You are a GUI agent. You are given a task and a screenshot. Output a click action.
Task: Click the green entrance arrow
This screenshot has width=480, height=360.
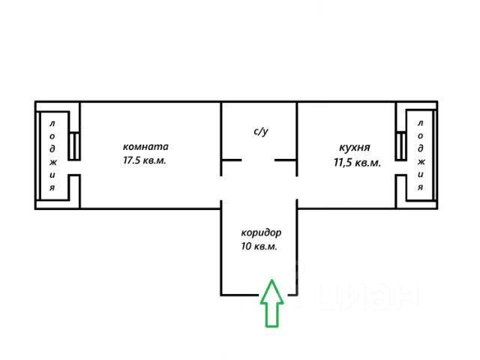pos(271,303)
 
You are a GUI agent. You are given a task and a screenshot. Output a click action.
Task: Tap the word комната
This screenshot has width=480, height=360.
pos(146,146)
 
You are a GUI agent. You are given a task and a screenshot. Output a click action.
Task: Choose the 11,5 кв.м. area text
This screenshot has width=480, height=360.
pos(356,162)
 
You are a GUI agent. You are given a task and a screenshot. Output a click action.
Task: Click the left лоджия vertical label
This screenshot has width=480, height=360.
pos(52,154)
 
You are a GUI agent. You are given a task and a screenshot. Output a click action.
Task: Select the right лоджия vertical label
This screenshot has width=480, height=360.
pos(421,154)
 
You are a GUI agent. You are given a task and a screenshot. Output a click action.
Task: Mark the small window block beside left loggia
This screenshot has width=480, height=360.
pos(74,145)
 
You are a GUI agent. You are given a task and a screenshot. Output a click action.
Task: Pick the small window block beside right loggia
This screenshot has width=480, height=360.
pos(400,145)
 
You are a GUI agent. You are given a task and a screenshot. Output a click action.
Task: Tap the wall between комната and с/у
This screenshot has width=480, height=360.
pos(221,131)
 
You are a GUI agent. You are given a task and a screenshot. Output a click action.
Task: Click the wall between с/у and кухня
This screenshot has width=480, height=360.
pos(298,131)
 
